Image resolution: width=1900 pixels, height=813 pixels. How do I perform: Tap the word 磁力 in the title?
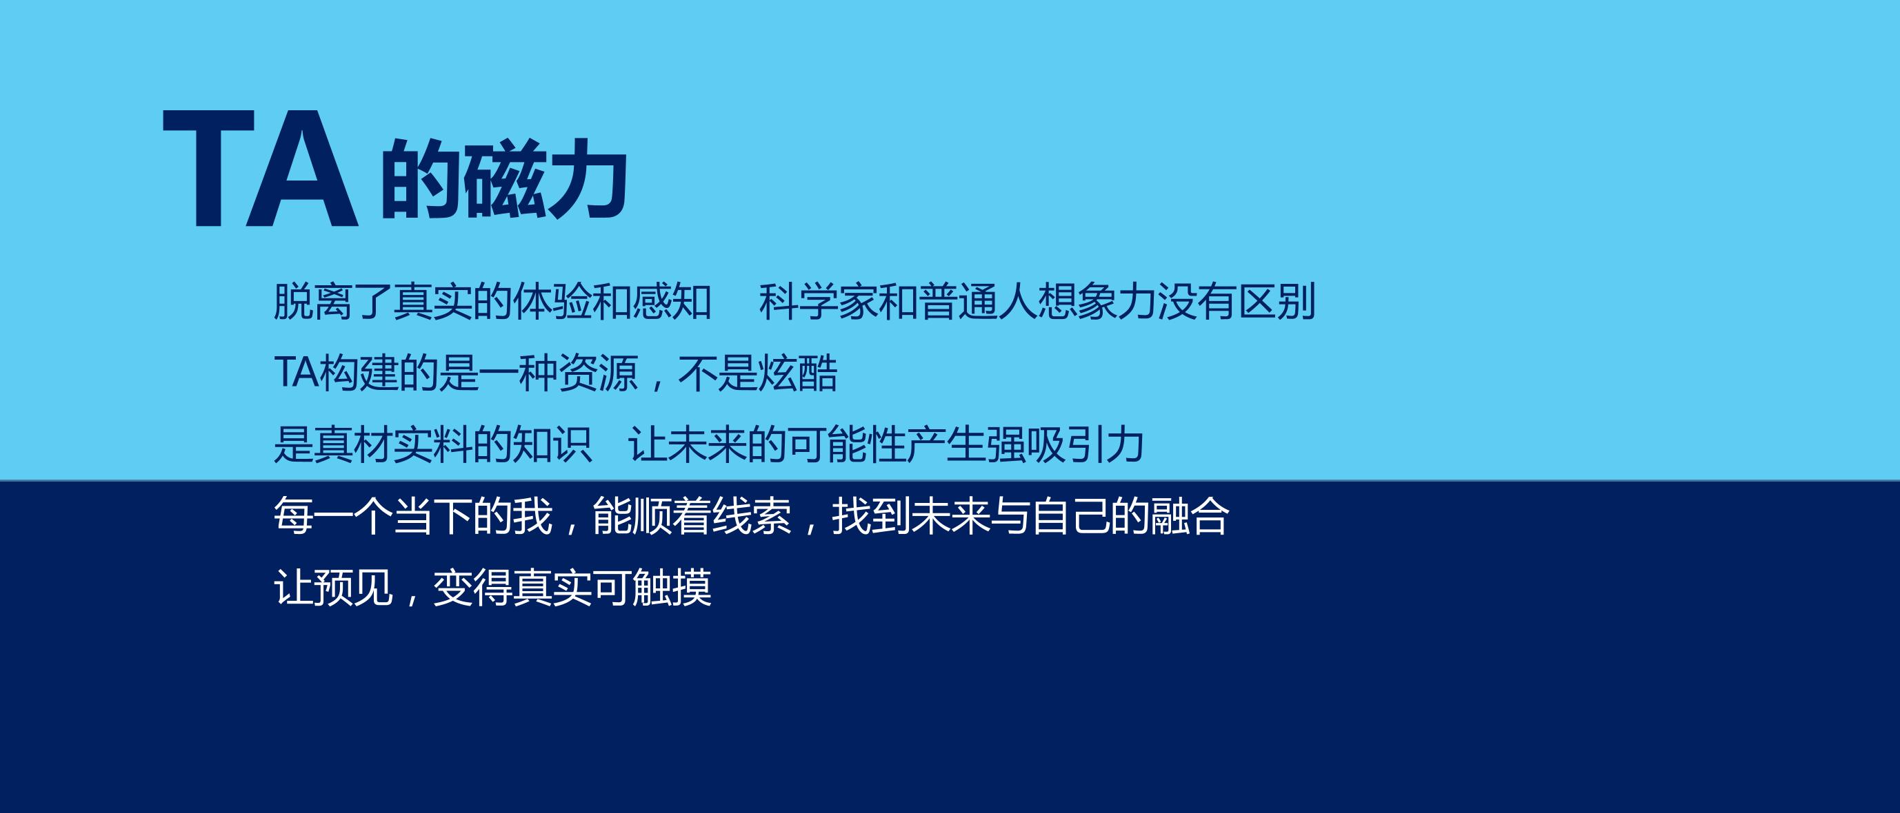point(546,179)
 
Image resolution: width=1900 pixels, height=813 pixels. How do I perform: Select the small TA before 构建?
point(297,372)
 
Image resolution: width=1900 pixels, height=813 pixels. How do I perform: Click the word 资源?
point(598,373)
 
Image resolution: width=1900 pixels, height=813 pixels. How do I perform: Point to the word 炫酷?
point(798,373)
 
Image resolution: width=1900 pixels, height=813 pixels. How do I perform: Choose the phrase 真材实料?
point(393,444)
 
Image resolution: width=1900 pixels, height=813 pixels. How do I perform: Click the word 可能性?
point(848,444)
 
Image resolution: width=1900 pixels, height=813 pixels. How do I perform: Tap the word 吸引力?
point(1085,444)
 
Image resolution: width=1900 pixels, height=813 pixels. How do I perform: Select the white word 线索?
point(752,516)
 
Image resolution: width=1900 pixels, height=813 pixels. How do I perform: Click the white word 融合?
point(1190,516)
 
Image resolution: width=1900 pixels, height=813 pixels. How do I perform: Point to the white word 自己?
point(1070,516)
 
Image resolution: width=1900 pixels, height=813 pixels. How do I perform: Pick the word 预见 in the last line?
point(353,588)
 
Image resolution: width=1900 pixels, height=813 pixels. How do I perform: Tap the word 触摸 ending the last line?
point(672,588)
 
